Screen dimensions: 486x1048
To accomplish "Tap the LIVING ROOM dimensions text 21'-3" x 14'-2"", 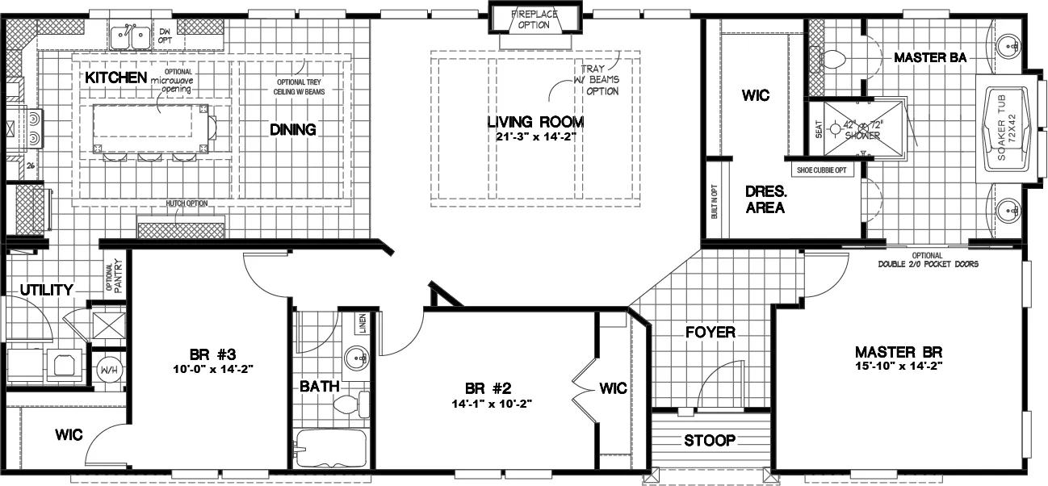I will [535, 137].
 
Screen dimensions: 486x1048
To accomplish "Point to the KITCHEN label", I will [115, 78].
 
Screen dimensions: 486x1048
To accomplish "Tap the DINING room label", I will [292, 129].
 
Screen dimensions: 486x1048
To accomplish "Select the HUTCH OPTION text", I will [182, 203].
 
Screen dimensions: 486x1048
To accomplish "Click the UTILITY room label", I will [47, 290].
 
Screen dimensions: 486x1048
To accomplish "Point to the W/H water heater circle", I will [108, 371].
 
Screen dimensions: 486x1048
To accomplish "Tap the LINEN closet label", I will [363, 323].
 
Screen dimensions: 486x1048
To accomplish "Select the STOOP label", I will [709, 441].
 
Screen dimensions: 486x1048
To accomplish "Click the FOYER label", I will [710, 333].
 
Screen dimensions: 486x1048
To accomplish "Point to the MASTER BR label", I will [899, 352].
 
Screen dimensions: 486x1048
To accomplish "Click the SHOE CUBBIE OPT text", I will [824, 170].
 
